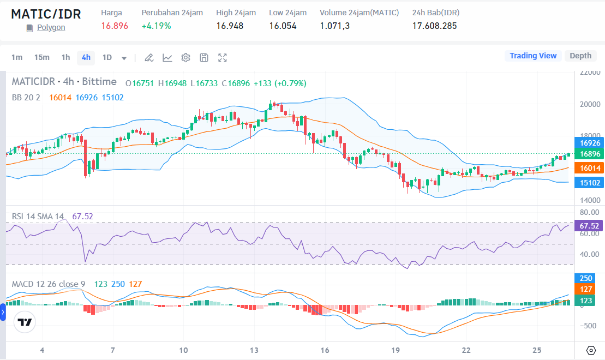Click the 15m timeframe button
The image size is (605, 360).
coord(41,57)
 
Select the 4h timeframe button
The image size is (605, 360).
coord(86,57)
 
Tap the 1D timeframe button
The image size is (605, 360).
coord(107,57)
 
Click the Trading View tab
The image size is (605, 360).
coord(532,56)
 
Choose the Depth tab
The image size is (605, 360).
coord(580,56)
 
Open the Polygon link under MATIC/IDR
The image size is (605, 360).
coord(51,27)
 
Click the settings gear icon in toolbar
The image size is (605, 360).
coord(185,57)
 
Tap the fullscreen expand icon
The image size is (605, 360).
coord(223,57)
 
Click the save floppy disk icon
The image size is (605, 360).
coord(204,57)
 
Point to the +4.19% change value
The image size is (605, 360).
coord(156,26)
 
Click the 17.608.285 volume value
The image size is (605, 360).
coord(434,26)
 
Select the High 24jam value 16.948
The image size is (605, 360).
coord(230,26)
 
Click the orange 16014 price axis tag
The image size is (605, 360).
coord(590,169)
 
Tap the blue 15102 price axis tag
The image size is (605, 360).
coord(590,183)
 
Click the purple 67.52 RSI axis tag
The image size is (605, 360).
coord(590,226)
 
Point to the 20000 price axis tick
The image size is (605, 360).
coord(590,104)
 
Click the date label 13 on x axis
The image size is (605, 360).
coord(254,350)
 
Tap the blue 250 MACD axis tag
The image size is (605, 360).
coord(586,278)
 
